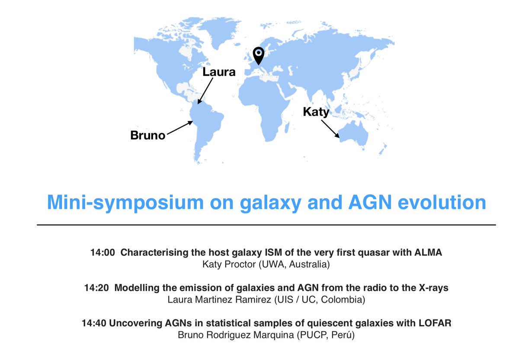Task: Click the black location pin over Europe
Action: [x=259, y=56]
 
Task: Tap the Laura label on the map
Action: [x=219, y=72]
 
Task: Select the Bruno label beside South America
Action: [x=148, y=135]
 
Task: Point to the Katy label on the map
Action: [x=316, y=112]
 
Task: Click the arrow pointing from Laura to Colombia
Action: [x=205, y=91]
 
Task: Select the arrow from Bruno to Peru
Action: [x=180, y=127]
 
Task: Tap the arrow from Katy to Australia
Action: [x=330, y=129]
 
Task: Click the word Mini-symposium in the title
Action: [x=125, y=203]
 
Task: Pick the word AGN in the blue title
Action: [x=370, y=202]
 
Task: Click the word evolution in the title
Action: [x=442, y=202]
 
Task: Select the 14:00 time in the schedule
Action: [x=103, y=252]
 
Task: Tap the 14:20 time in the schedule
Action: [x=96, y=288]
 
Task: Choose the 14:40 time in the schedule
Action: [x=94, y=323]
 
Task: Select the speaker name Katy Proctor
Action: [x=229, y=264]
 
